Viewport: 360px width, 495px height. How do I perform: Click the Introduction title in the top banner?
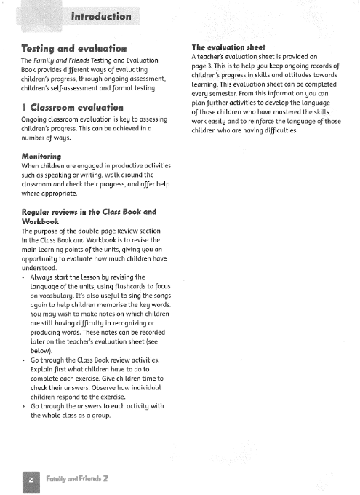(101, 16)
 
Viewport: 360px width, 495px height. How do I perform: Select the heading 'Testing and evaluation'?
(75, 48)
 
